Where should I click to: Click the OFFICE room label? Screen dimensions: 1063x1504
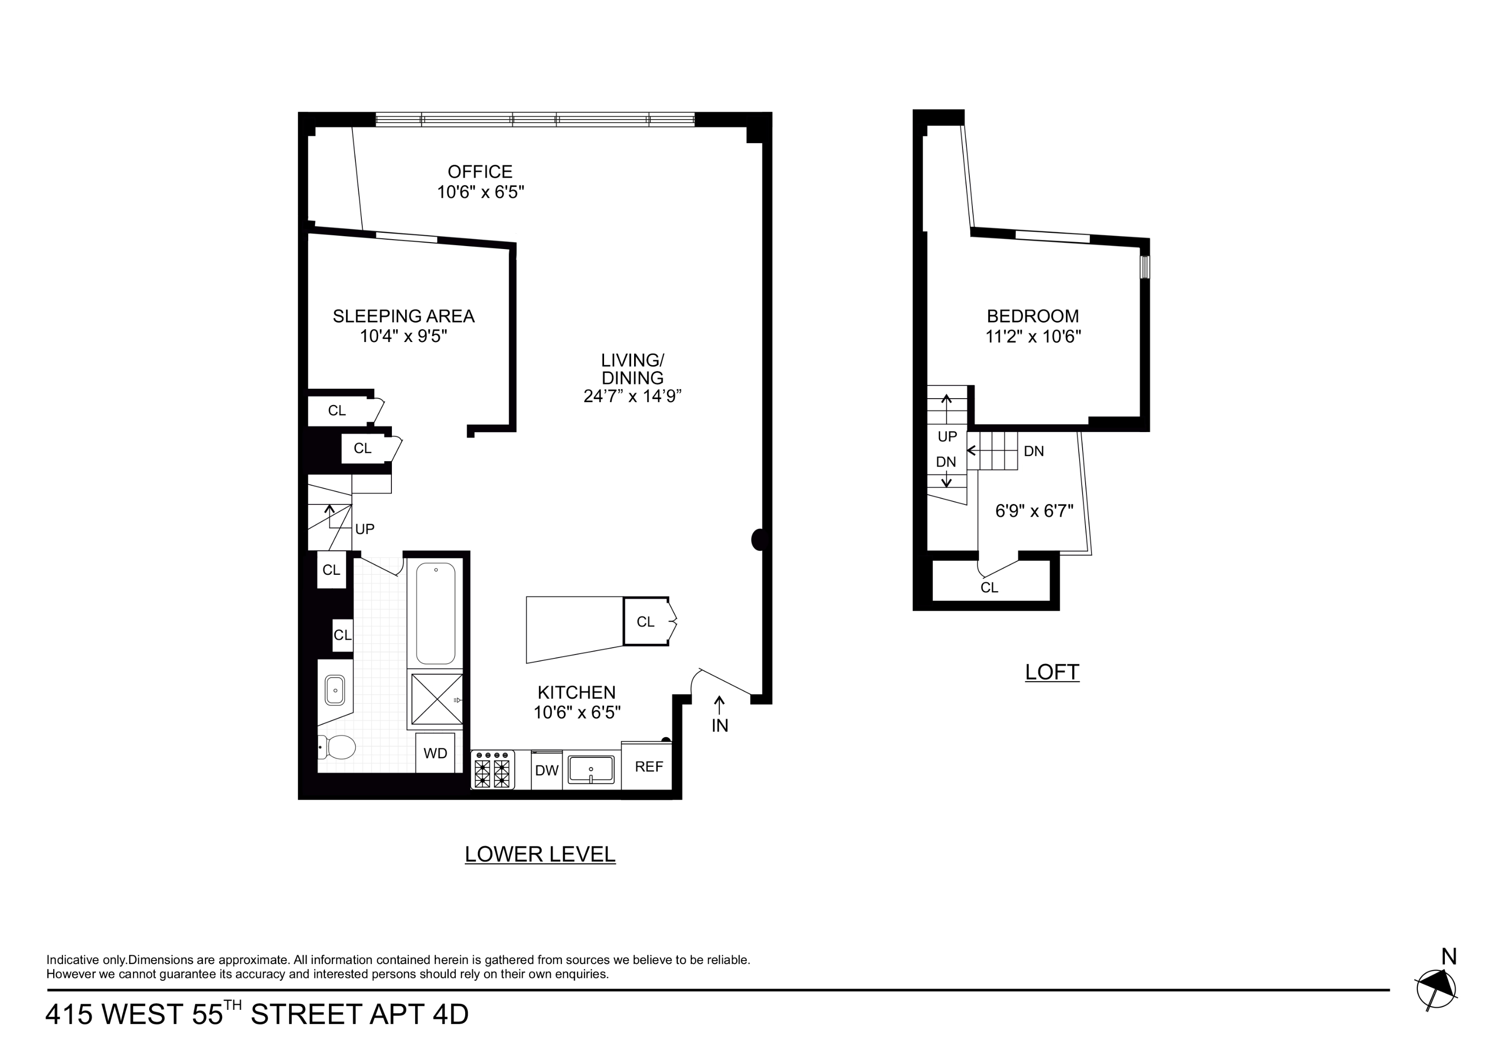tap(480, 172)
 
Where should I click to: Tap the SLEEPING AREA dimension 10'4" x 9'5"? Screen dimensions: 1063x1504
tap(404, 337)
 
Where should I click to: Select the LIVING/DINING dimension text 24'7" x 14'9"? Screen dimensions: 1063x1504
tap(632, 396)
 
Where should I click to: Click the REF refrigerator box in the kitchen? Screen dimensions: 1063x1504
tap(648, 766)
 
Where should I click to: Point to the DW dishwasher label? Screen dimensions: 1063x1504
tap(546, 770)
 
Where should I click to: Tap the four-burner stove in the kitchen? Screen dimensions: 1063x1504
tap(493, 770)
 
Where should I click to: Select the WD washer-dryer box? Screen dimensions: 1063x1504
tap(435, 753)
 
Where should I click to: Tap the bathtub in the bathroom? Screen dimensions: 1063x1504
tap(436, 613)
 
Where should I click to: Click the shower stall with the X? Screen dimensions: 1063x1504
tap(436, 699)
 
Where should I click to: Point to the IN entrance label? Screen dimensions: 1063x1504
tap(719, 726)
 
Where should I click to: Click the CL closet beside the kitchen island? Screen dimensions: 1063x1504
tap(645, 622)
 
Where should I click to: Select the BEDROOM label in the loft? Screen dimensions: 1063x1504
tap(1032, 316)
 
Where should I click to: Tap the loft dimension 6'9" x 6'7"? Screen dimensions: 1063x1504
tap(1034, 511)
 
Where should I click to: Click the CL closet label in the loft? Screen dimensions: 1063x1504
tap(989, 588)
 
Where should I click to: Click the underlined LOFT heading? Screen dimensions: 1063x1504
tap(1052, 672)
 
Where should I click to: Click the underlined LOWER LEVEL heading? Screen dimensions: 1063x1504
tap(540, 854)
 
